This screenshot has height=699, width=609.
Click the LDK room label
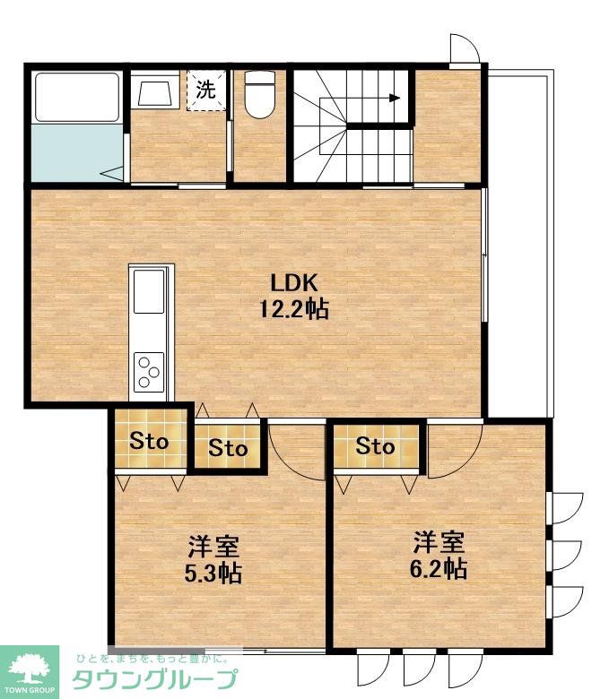[x=294, y=283]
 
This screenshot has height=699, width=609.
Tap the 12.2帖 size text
[x=294, y=308]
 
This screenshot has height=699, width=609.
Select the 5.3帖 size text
[x=213, y=574]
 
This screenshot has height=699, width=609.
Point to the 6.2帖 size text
[x=439, y=568]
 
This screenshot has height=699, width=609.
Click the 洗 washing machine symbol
[x=206, y=90]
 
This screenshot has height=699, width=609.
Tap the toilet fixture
[x=260, y=95]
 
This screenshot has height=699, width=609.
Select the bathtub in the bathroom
[x=77, y=97]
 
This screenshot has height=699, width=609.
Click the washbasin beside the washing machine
[x=155, y=93]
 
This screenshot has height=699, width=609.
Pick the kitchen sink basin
[x=149, y=291]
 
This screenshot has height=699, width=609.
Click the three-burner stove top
[x=149, y=372]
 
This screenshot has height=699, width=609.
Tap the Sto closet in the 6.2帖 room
[x=375, y=445]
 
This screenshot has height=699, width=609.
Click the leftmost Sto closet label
[x=149, y=441]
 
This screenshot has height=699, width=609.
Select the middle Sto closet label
[x=228, y=447]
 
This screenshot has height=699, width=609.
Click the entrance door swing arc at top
[x=468, y=46]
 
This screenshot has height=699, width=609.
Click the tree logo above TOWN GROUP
[x=30, y=668]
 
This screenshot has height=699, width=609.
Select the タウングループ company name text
[x=154, y=679]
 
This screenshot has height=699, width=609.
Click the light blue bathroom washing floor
[x=77, y=152]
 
